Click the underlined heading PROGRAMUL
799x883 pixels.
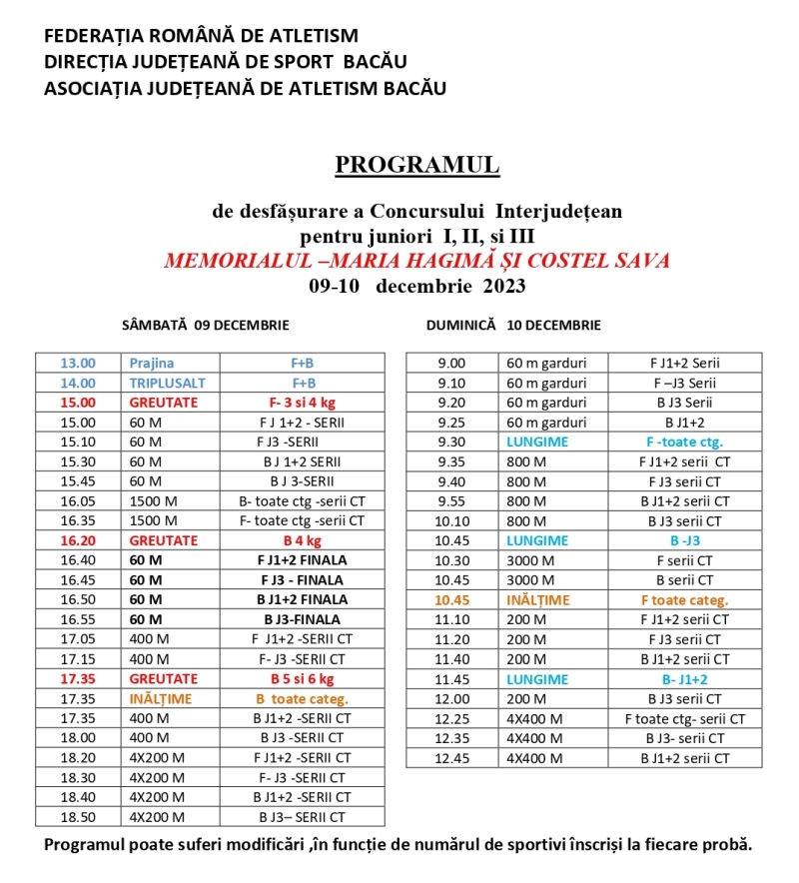click(x=416, y=165)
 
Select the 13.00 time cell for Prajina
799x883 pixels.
click(x=78, y=364)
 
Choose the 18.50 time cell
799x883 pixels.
click(x=78, y=816)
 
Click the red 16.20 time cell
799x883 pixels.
click(x=78, y=540)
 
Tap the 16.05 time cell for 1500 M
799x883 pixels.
click(x=78, y=501)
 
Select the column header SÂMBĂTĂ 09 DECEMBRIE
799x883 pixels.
click(x=205, y=326)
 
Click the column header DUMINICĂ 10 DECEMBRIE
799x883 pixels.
click(x=513, y=326)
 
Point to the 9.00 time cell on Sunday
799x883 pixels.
click(x=451, y=364)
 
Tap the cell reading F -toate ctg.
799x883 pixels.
click(x=684, y=441)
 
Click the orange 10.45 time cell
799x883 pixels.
click(x=451, y=600)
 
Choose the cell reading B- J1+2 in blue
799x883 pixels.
click(x=684, y=679)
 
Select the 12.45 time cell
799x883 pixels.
click(x=451, y=758)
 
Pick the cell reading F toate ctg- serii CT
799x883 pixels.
click(x=684, y=719)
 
